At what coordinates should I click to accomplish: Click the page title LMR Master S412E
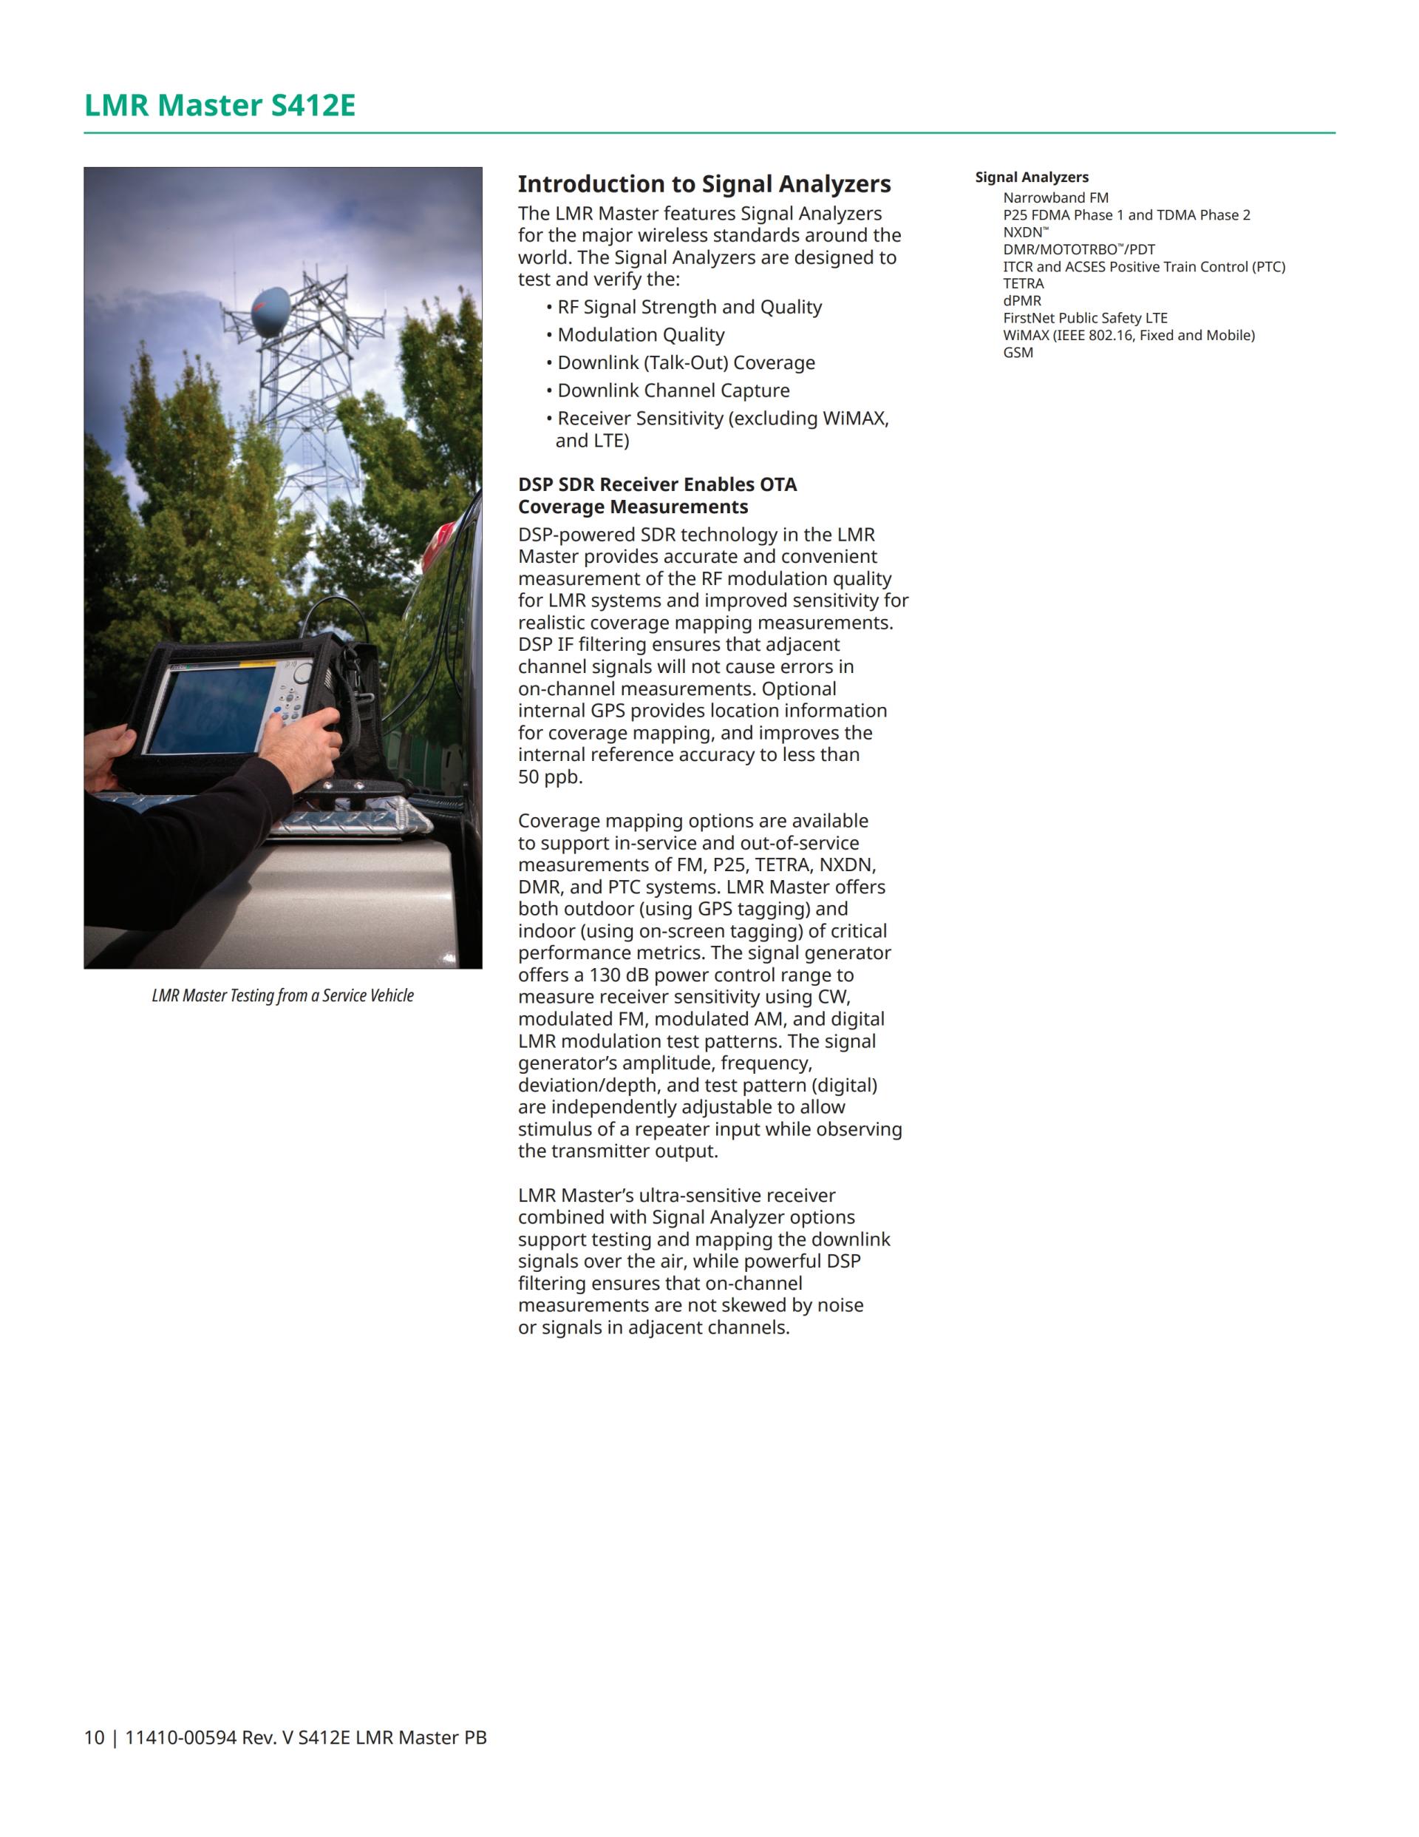[x=220, y=106]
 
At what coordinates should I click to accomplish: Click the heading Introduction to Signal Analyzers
[x=704, y=184]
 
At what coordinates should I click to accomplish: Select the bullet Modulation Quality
[x=641, y=335]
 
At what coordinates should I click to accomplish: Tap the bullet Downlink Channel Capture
[x=673, y=390]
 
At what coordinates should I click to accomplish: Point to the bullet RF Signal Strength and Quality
[x=690, y=307]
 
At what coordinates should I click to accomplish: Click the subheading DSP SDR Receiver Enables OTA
[x=656, y=484]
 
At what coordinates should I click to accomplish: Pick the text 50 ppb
[x=550, y=777]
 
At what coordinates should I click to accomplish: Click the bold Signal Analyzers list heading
[x=1032, y=177]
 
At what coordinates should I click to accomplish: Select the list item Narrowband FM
[x=1055, y=197]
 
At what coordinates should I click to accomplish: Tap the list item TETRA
[x=1023, y=283]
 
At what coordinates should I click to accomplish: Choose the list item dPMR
[x=1021, y=300]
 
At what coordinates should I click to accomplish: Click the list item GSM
[x=1018, y=353]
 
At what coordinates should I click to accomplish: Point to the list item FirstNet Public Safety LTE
[x=1084, y=318]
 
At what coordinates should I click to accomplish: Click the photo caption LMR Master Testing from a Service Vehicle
[x=282, y=996]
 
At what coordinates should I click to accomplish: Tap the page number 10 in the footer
[x=93, y=1738]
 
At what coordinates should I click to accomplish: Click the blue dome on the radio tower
[x=271, y=312]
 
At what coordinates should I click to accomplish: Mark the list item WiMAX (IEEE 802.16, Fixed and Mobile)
[x=1128, y=336]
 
